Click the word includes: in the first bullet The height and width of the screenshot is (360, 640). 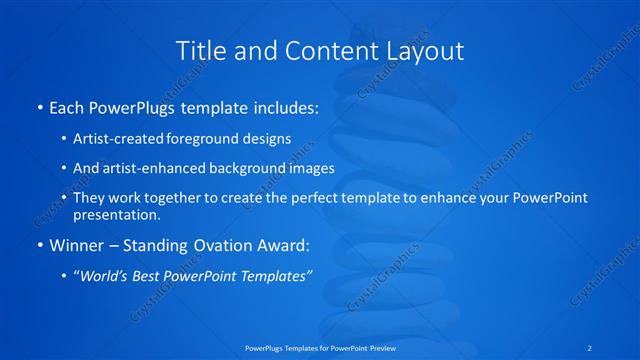point(281,106)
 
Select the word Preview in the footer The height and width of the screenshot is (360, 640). point(378,348)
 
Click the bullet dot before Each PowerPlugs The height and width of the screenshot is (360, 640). point(38,107)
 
